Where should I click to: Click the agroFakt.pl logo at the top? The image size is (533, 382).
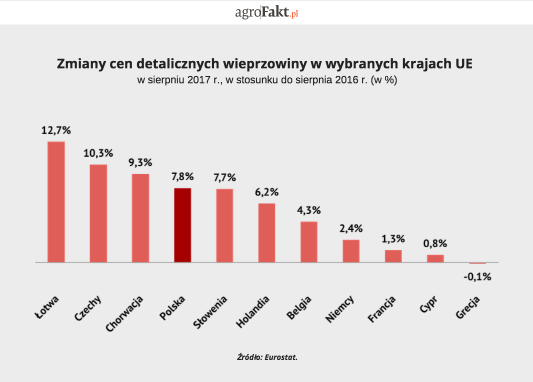(x=266, y=12)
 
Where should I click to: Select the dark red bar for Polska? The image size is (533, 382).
(x=182, y=225)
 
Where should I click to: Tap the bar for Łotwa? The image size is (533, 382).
(x=56, y=202)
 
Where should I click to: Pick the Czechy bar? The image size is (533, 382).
(x=98, y=213)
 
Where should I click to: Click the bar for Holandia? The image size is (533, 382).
(x=266, y=233)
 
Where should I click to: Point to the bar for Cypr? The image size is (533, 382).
(x=435, y=258)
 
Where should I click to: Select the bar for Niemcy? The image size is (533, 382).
(x=351, y=251)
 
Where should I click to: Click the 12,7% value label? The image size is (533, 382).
(x=56, y=131)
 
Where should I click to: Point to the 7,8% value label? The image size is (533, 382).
(x=182, y=177)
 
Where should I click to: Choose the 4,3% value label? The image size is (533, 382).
(x=308, y=210)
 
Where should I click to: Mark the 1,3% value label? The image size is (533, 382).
(x=393, y=239)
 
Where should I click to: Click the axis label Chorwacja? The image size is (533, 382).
(x=125, y=314)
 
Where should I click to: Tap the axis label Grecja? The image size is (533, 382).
(x=468, y=308)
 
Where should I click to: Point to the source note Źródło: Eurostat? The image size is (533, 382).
(x=267, y=357)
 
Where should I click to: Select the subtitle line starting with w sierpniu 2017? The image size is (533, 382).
(x=266, y=80)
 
